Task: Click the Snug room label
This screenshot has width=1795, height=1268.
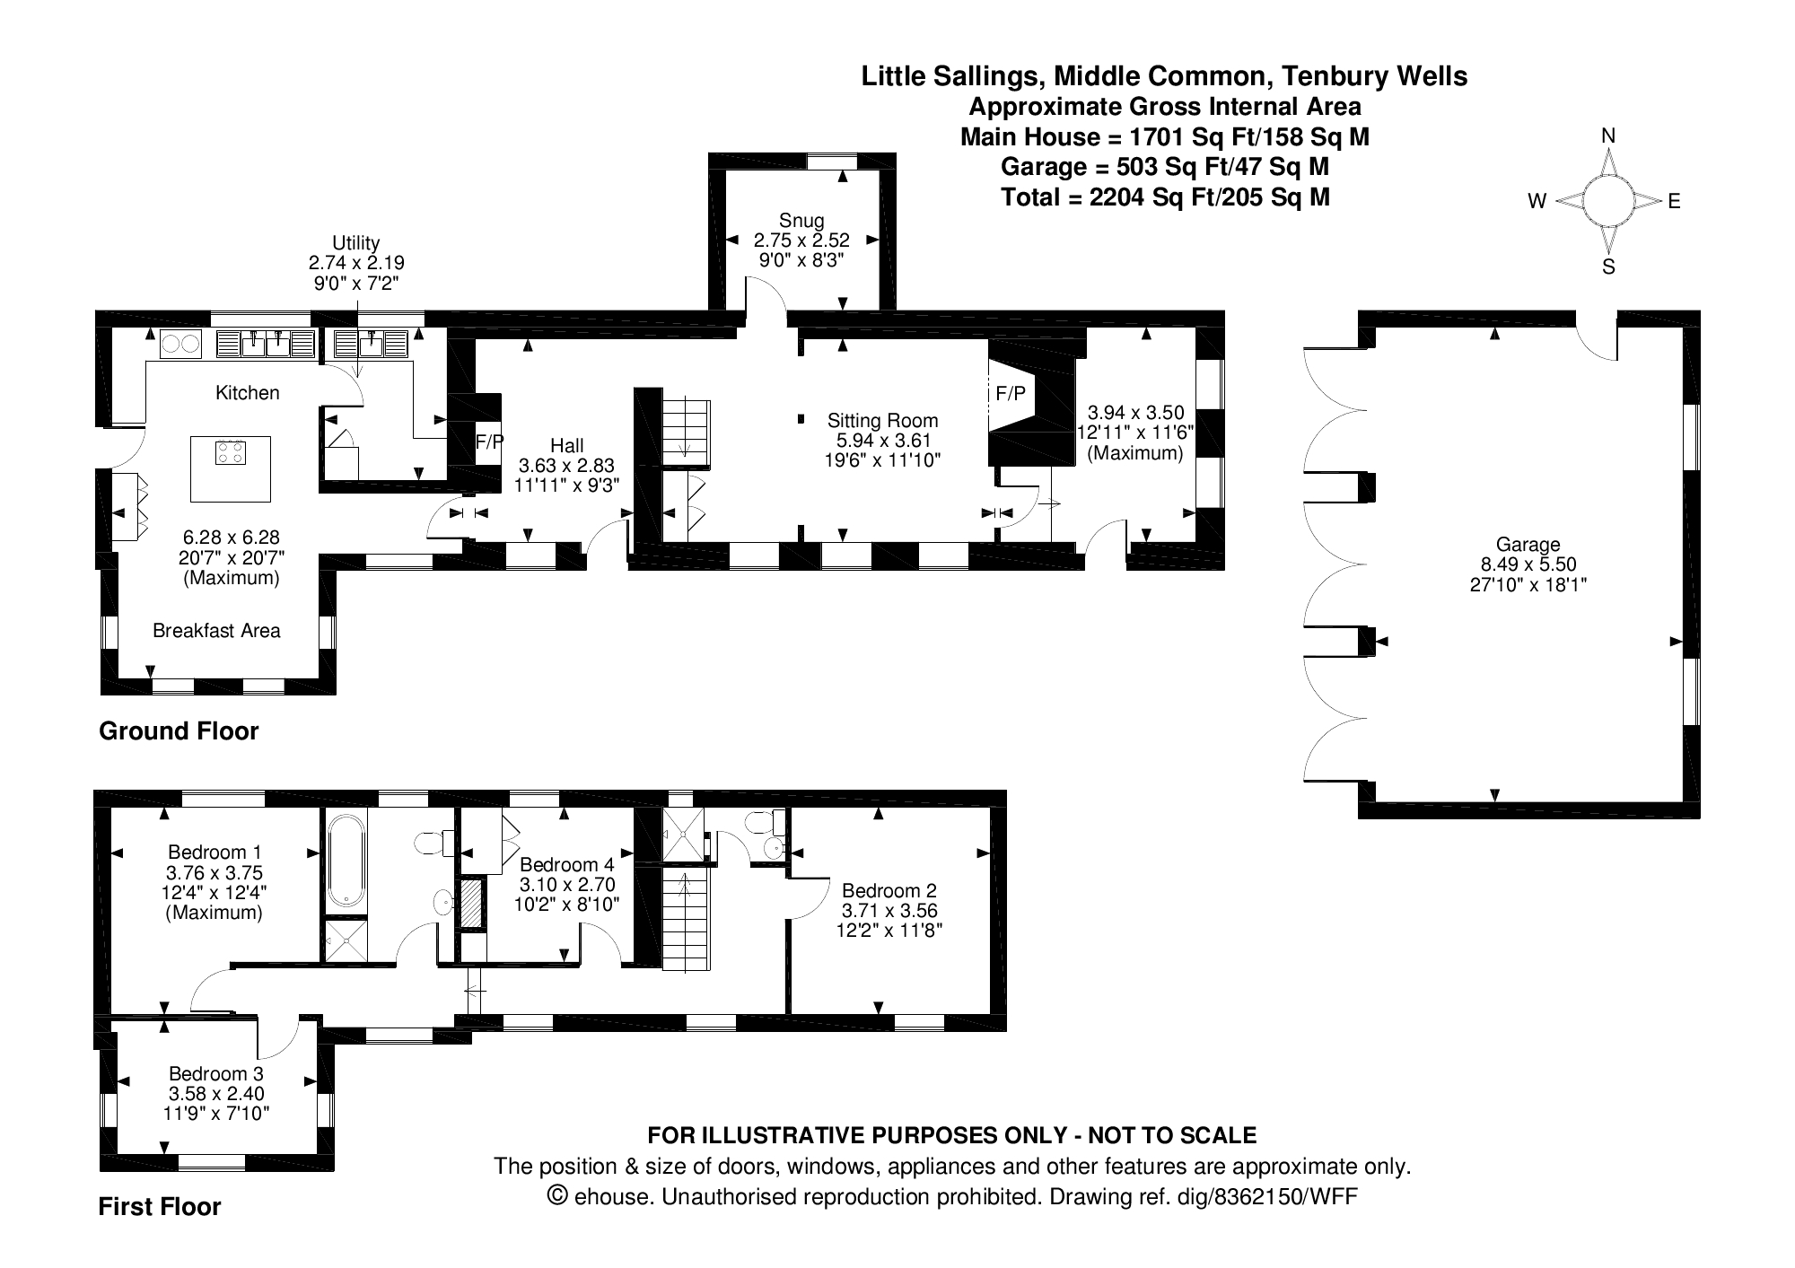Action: point(801,220)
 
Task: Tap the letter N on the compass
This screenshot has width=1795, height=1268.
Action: point(1608,136)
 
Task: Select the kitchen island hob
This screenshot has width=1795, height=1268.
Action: point(231,453)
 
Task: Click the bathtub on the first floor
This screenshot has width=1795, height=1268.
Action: point(346,861)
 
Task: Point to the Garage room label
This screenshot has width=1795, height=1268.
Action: point(1528,544)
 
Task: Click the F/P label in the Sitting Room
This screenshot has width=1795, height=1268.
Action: point(1011,394)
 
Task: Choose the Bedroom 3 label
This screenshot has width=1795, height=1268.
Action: point(216,1073)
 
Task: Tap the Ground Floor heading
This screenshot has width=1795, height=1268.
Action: point(179,731)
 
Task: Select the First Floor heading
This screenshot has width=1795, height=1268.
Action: point(160,1207)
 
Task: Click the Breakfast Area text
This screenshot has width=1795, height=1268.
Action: point(216,631)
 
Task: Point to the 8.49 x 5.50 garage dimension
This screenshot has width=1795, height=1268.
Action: point(1528,564)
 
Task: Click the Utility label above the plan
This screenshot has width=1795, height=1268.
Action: point(356,242)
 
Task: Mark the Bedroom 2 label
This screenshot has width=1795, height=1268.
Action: point(889,890)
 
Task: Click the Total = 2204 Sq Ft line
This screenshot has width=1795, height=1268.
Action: point(1165,197)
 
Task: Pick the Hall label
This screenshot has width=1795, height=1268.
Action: point(567,445)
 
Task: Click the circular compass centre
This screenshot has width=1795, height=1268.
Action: point(1607,201)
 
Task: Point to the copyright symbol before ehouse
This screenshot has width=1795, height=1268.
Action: point(558,1195)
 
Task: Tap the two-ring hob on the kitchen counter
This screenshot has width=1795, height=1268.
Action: point(180,344)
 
